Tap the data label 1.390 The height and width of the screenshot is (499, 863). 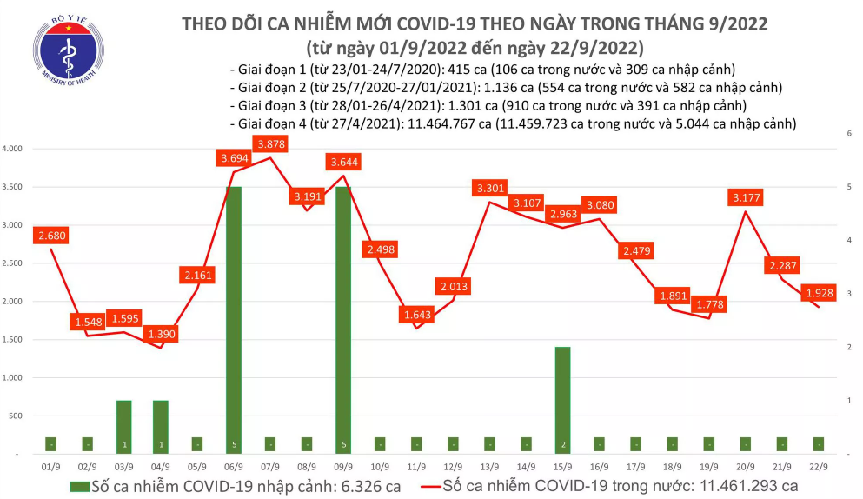(x=161, y=334)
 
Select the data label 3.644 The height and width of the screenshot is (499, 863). (x=345, y=162)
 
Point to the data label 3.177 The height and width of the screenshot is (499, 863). (x=747, y=198)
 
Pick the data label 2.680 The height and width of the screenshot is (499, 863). (x=50, y=236)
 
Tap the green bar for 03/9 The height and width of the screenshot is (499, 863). (x=124, y=427)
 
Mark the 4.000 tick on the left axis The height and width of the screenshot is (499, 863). (x=13, y=149)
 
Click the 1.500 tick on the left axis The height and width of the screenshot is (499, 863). (x=13, y=339)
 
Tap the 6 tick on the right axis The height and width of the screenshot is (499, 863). (x=847, y=133)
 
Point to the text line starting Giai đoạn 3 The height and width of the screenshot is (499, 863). (x=487, y=105)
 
